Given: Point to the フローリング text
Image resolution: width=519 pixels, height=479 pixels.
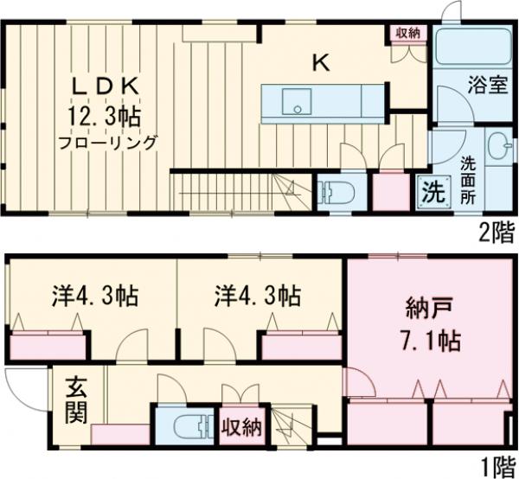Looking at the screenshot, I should click(108, 142).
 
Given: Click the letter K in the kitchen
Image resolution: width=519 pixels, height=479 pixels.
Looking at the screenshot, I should click(320, 62).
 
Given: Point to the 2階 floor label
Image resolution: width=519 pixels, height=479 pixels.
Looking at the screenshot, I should click(497, 231).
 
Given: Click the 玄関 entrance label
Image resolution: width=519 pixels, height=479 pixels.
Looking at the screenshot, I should click(76, 399).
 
